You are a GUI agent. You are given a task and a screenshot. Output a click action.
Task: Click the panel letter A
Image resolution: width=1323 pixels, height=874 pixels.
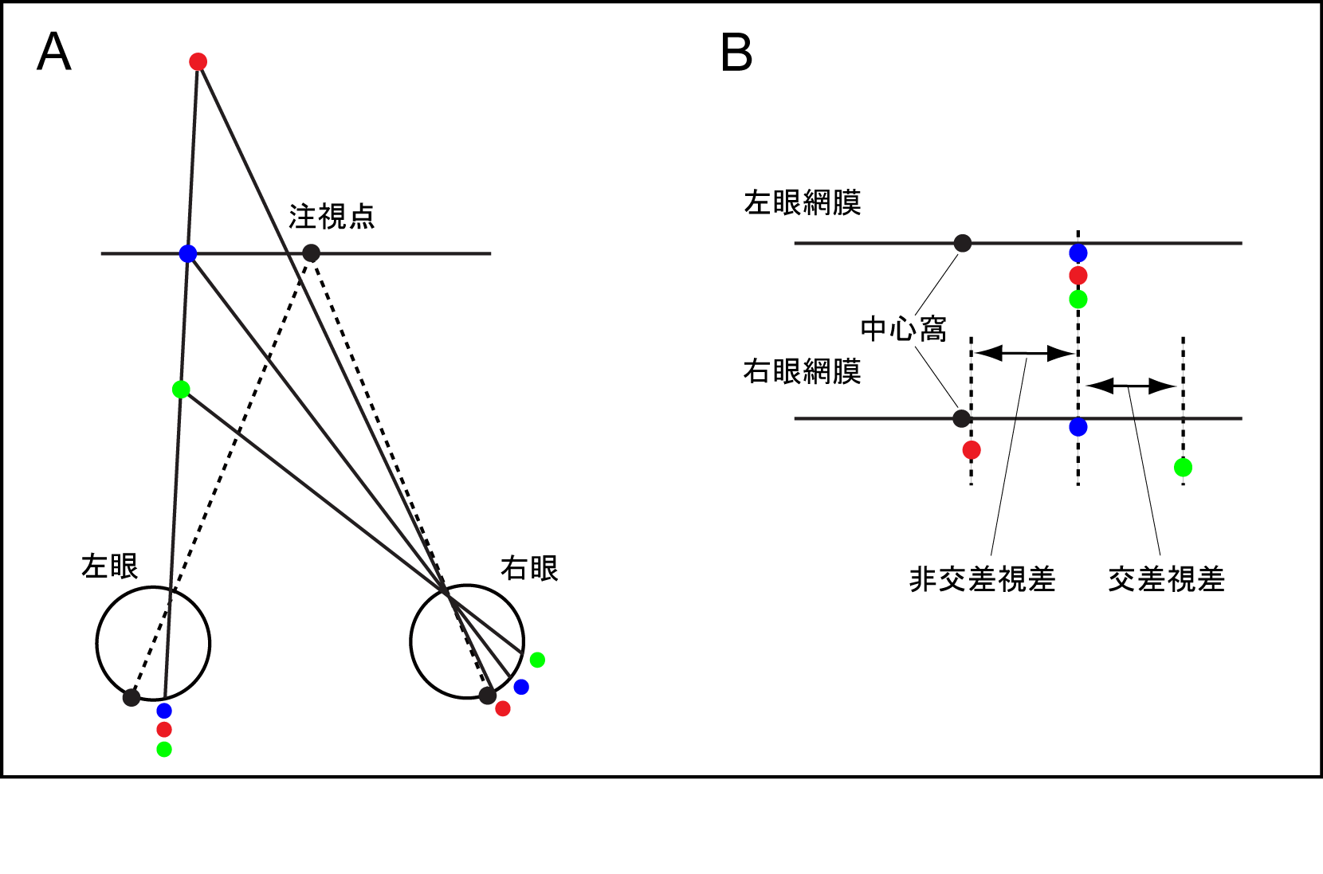[54, 53]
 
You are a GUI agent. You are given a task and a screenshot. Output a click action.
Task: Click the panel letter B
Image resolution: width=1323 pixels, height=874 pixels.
[736, 53]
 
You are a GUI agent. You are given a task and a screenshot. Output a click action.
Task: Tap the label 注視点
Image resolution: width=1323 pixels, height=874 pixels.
[332, 217]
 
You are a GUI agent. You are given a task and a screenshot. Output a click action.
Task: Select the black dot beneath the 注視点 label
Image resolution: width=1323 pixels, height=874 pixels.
[312, 253]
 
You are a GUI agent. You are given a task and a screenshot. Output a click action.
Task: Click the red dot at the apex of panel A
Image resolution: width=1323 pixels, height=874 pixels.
[198, 62]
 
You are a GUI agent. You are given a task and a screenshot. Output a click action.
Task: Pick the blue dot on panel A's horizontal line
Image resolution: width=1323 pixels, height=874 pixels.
[188, 254]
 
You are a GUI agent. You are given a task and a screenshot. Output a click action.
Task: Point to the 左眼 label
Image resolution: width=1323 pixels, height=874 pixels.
[110, 566]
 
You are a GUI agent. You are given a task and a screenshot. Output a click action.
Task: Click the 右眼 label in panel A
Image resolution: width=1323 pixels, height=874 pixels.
[529, 568]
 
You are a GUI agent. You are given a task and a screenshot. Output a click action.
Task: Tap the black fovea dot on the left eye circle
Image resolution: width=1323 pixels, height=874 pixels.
[132, 698]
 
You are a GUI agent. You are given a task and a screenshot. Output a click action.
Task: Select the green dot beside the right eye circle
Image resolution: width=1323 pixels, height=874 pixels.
[537, 660]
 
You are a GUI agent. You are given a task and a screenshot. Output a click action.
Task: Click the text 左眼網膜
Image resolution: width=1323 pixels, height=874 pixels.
[803, 202]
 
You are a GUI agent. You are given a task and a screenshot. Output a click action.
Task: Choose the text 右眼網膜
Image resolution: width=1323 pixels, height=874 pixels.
[803, 371]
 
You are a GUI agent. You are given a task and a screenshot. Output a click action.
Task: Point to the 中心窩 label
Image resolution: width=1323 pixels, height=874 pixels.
[903, 328]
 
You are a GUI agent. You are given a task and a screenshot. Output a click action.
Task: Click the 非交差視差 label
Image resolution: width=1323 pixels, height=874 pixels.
[982, 579]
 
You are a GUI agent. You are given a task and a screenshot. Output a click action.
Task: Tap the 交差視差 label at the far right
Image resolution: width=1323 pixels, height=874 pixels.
[1166, 579]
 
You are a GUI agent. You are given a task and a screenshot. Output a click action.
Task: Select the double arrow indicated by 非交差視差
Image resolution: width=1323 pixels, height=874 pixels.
[1025, 353]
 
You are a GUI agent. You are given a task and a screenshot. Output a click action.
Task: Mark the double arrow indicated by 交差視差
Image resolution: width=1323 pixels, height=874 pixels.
[1130, 386]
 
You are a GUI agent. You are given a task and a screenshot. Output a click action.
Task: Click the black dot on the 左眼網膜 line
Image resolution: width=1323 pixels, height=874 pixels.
[963, 243]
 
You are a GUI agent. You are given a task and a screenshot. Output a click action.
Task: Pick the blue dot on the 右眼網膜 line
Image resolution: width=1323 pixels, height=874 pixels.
[1078, 427]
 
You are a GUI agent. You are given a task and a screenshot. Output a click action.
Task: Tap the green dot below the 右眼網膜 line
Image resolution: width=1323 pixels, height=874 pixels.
[1184, 468]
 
